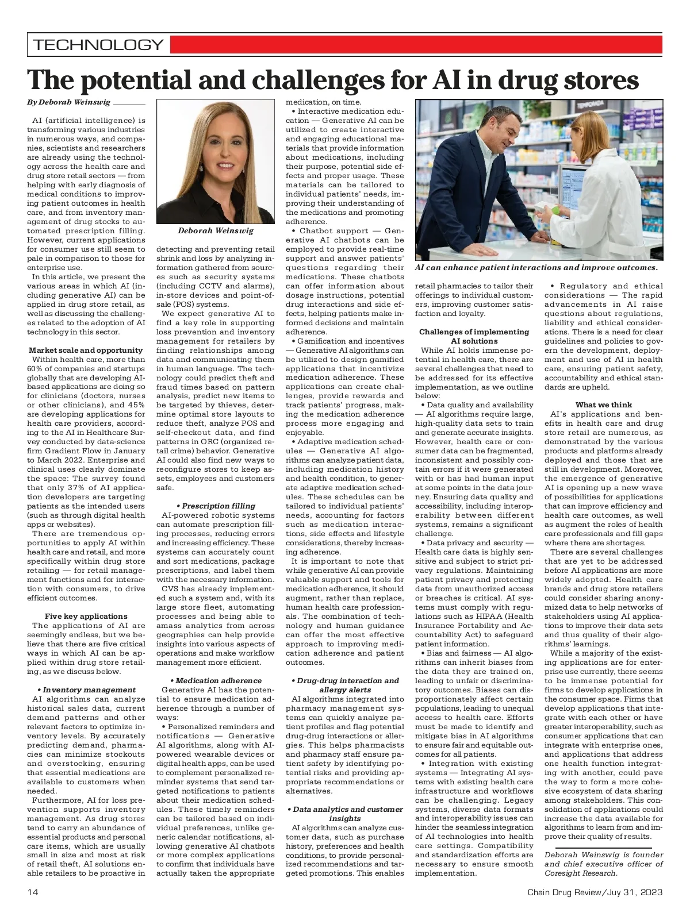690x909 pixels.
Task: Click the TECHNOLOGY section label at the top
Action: point(98,45)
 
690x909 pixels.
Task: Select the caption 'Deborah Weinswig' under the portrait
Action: point(216,230)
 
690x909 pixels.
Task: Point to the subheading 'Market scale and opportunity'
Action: point(86,350)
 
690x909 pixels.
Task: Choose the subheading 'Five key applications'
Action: point(86,616)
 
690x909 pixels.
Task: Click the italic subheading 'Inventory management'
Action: point(86,690)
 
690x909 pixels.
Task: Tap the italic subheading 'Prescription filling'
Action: point(216,506)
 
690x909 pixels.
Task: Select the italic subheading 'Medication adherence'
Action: point(216,680)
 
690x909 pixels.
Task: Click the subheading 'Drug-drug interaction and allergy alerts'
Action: point(345,685)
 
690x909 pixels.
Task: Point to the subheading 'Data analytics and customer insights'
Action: point(345,814)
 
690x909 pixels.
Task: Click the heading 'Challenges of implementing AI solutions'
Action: point(474,336)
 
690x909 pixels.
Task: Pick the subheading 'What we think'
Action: point(604,405)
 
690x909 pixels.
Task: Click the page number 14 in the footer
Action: point(32,892)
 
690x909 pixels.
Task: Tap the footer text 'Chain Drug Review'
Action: point(563,892)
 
